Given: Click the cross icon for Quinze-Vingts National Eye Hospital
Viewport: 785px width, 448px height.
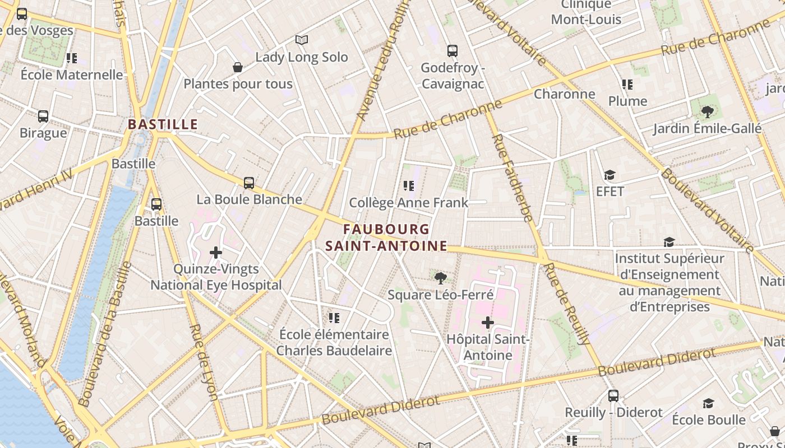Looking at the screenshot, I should [x=216, y=253].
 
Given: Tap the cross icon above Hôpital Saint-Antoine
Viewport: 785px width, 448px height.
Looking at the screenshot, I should [x=488, y=323].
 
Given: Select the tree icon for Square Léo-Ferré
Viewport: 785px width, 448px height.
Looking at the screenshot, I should [x=441, y=278].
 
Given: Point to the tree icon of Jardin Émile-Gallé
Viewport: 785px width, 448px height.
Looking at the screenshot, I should [x=708, y=111].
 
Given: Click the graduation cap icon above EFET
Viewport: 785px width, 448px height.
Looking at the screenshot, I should [x=609, y=175].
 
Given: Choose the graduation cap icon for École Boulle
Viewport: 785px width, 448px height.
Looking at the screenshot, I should [x=709, y=404].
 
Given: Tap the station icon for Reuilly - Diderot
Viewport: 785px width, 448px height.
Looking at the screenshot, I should [x=613, y=396].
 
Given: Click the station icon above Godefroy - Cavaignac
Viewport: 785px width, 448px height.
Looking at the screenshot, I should [x=452, y=51].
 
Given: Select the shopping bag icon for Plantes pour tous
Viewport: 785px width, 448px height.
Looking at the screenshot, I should [x=238, y=67].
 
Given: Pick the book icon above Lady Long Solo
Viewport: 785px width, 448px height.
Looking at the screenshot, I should [x=302, y=40].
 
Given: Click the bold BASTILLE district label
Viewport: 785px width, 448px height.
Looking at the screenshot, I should [x=163, y=124].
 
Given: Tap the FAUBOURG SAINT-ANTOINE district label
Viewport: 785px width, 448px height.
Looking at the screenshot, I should [x=387, y=237].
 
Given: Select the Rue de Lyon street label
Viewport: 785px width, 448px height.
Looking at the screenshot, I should [x=204, y=362].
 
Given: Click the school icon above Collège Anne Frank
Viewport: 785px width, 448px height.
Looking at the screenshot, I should [x=409, y=185].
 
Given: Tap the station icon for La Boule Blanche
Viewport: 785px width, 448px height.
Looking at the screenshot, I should [x=249, y=183].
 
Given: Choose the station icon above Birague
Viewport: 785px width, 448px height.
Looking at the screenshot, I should [x=43, y=116].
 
